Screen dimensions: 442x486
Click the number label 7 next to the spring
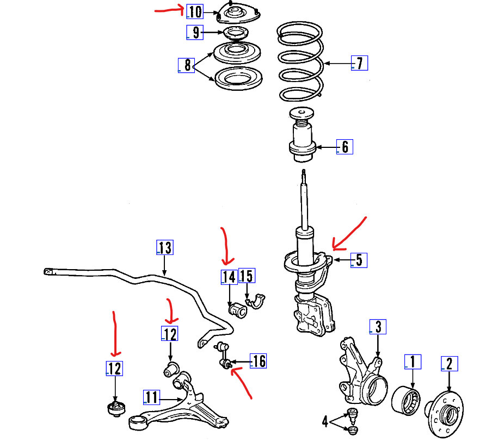(x=359, y=63)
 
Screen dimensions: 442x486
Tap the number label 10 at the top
(x=194, y=11)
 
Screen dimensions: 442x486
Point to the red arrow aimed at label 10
(x=169, y=9)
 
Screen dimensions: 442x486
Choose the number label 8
(x=188, y=66)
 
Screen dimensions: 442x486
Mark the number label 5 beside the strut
(x=358, y=260)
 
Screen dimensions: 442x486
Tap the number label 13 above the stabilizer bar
(x=164, y=248)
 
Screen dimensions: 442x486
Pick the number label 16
(x=259, y=361)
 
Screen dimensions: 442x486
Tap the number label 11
(x=152, y=397)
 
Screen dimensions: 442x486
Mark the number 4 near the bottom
(x=325, y=421)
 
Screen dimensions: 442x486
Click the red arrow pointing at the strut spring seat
(x=348, y=234)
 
